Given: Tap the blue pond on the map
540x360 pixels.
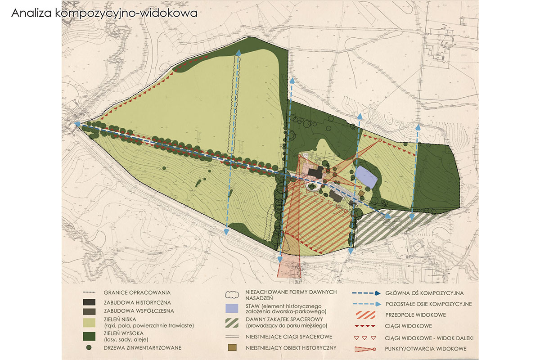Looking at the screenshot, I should click(x=366, y=177).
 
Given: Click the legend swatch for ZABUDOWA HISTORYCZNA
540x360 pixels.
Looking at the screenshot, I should click(x=89, y=302).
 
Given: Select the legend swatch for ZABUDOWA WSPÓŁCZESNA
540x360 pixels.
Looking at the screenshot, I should click(x=89, y=310).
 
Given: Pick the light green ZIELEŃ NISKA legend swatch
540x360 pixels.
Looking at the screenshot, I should click(x=89, y=322).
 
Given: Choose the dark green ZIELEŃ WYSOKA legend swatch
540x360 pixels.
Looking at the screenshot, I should click(x=89, y=336).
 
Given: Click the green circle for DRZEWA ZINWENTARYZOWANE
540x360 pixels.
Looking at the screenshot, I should click(x=89, y=347).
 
